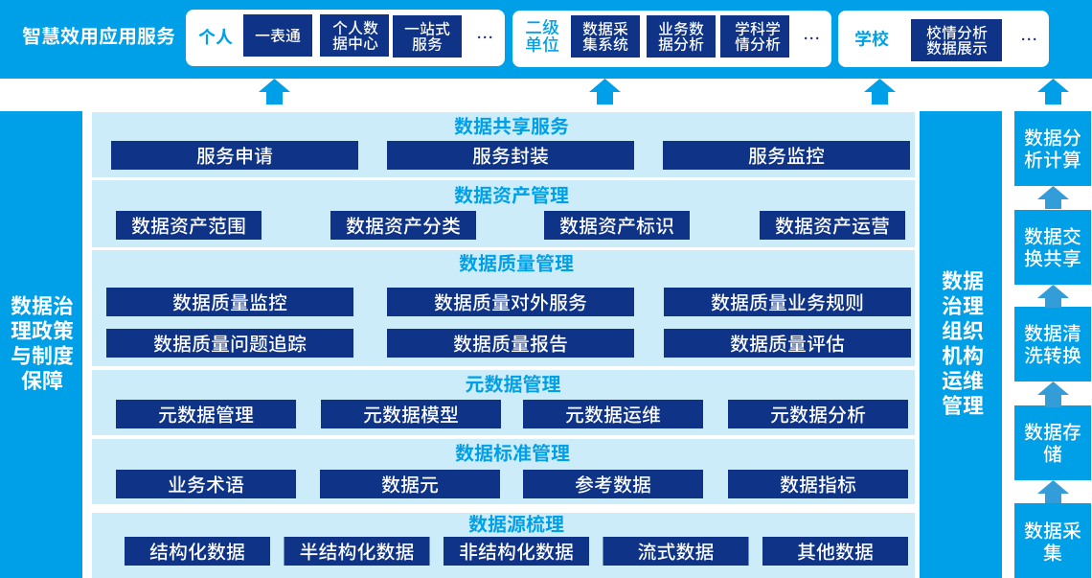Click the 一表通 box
(x=277, y=35)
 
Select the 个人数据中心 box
(x=354, y=35)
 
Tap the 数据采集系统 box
(x=605, y=36)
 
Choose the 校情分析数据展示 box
(x=956, y=39)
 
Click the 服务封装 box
(x=511, y=155)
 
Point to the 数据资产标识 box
(x=616, y=225)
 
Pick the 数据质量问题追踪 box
(x=230, y=343)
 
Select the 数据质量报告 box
(x=511, y=343)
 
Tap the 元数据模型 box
(x=411, y=414)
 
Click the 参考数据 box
(x=613, y=484)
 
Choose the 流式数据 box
(x=675, y=551)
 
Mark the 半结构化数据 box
(x=356, y=551)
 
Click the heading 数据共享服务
(x=512, y=127)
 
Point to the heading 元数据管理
(x=513, y=384)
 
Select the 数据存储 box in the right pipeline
(x=1053, y=443)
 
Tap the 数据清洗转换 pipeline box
(x=1053, y=344)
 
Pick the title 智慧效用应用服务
(x=99, y=36)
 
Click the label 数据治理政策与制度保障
(x=42, y=343)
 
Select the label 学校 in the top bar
(x=872, y=39)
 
